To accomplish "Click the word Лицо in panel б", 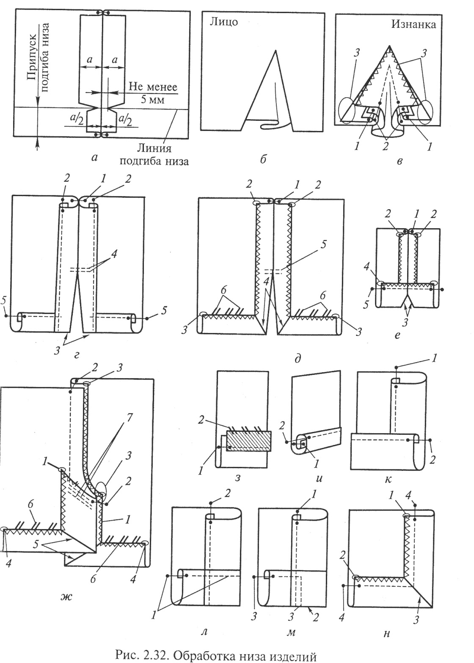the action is coord(224,22).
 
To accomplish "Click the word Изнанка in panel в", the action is coord(413,24).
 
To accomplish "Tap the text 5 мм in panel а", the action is coord(152,100).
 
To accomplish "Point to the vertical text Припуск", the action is coord(33,57).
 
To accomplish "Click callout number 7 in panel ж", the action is coord(129,418).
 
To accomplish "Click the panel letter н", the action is coord(386,632).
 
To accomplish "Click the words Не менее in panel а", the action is coord(153,87).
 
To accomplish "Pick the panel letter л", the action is coord(204,631).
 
